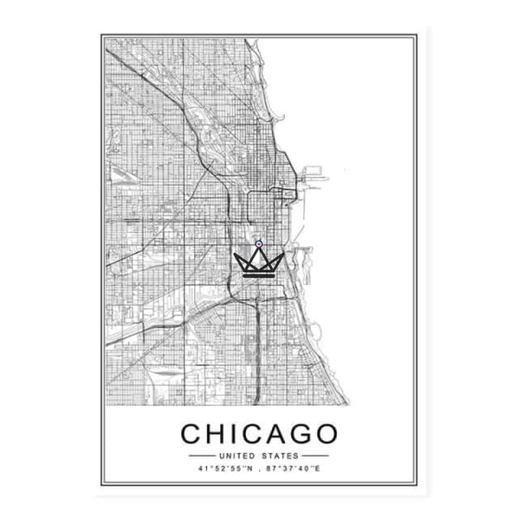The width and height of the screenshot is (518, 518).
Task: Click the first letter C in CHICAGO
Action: pos(193,433)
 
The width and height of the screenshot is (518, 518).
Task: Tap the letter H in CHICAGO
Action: pos(219,433)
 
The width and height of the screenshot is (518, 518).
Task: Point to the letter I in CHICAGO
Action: pos(238,433)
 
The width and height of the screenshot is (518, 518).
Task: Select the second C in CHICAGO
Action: pos(256,433)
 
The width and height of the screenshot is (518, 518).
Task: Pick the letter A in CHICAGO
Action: pos(282,433)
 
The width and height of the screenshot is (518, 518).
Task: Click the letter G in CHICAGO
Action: pos(308,433)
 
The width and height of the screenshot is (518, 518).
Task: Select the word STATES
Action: pos(280,455)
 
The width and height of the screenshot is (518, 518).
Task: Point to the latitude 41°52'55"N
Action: pos(224,470)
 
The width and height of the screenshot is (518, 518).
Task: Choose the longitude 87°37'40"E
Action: pos(295,470)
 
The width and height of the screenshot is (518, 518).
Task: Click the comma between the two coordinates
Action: pos(261,471)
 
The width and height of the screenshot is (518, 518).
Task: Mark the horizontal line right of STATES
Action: pos(315,455)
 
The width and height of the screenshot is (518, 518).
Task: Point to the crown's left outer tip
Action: pos(236,254)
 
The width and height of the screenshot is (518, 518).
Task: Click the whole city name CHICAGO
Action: pos(263,433)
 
